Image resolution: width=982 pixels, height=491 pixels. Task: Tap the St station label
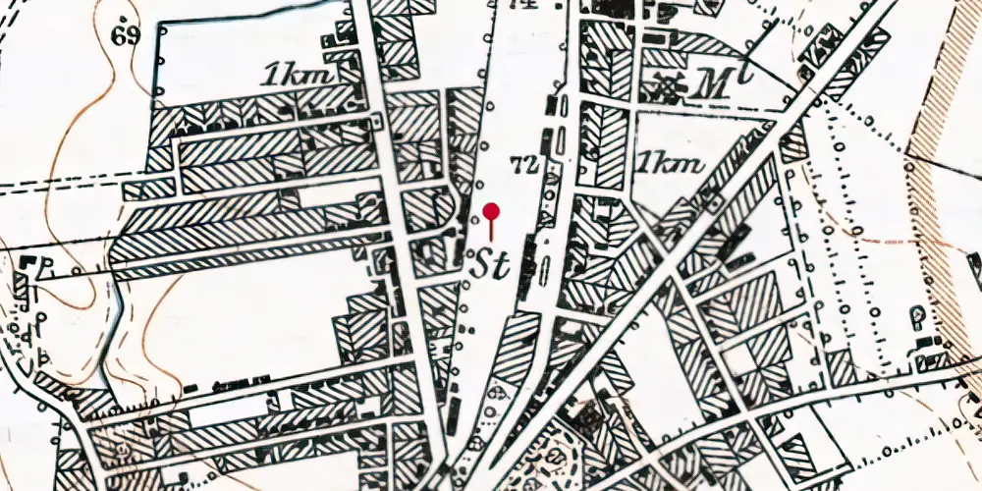pos(492,262)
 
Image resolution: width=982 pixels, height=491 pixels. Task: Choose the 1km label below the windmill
pos(671,163)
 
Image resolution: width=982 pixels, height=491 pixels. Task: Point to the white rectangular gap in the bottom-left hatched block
pos(228,412)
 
